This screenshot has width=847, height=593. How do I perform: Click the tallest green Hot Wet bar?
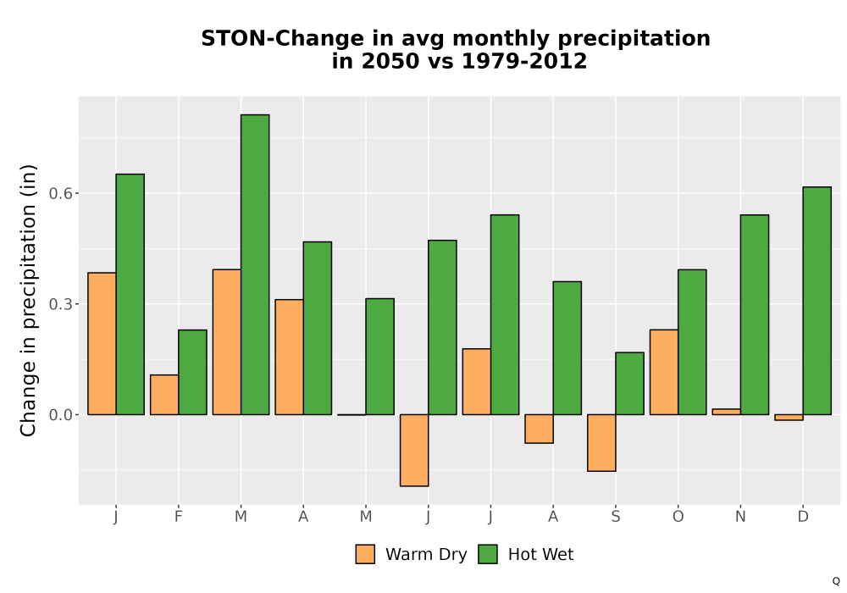[255, 264]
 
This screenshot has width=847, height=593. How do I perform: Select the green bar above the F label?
[192, 372]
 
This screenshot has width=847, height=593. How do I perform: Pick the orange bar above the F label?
[164, 395]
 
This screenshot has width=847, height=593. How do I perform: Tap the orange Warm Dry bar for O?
[664, 372]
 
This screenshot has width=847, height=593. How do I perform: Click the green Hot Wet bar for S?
[630, 384]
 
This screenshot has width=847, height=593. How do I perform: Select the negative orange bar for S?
[601, 443]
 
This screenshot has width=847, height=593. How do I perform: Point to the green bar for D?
[817, 301]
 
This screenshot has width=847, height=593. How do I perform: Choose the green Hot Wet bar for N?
[755, 315]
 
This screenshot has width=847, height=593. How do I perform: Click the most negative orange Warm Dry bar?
[414, 451]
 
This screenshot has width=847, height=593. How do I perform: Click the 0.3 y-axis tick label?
[60, 304]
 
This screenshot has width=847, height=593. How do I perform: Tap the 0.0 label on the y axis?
[60, 415]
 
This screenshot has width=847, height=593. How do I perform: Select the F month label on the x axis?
[178, 517]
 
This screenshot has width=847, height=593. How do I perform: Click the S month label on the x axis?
[615, 517]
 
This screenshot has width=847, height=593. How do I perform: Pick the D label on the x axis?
[803, 517]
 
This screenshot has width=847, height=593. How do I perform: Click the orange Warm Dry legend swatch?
[365, 554]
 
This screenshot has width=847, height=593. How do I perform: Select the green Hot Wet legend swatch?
[488, 554]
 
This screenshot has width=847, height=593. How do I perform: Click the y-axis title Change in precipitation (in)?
[28, 300]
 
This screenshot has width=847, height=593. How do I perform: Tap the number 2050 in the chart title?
[390, 61]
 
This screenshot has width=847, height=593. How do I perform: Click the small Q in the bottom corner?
[836, 581]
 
